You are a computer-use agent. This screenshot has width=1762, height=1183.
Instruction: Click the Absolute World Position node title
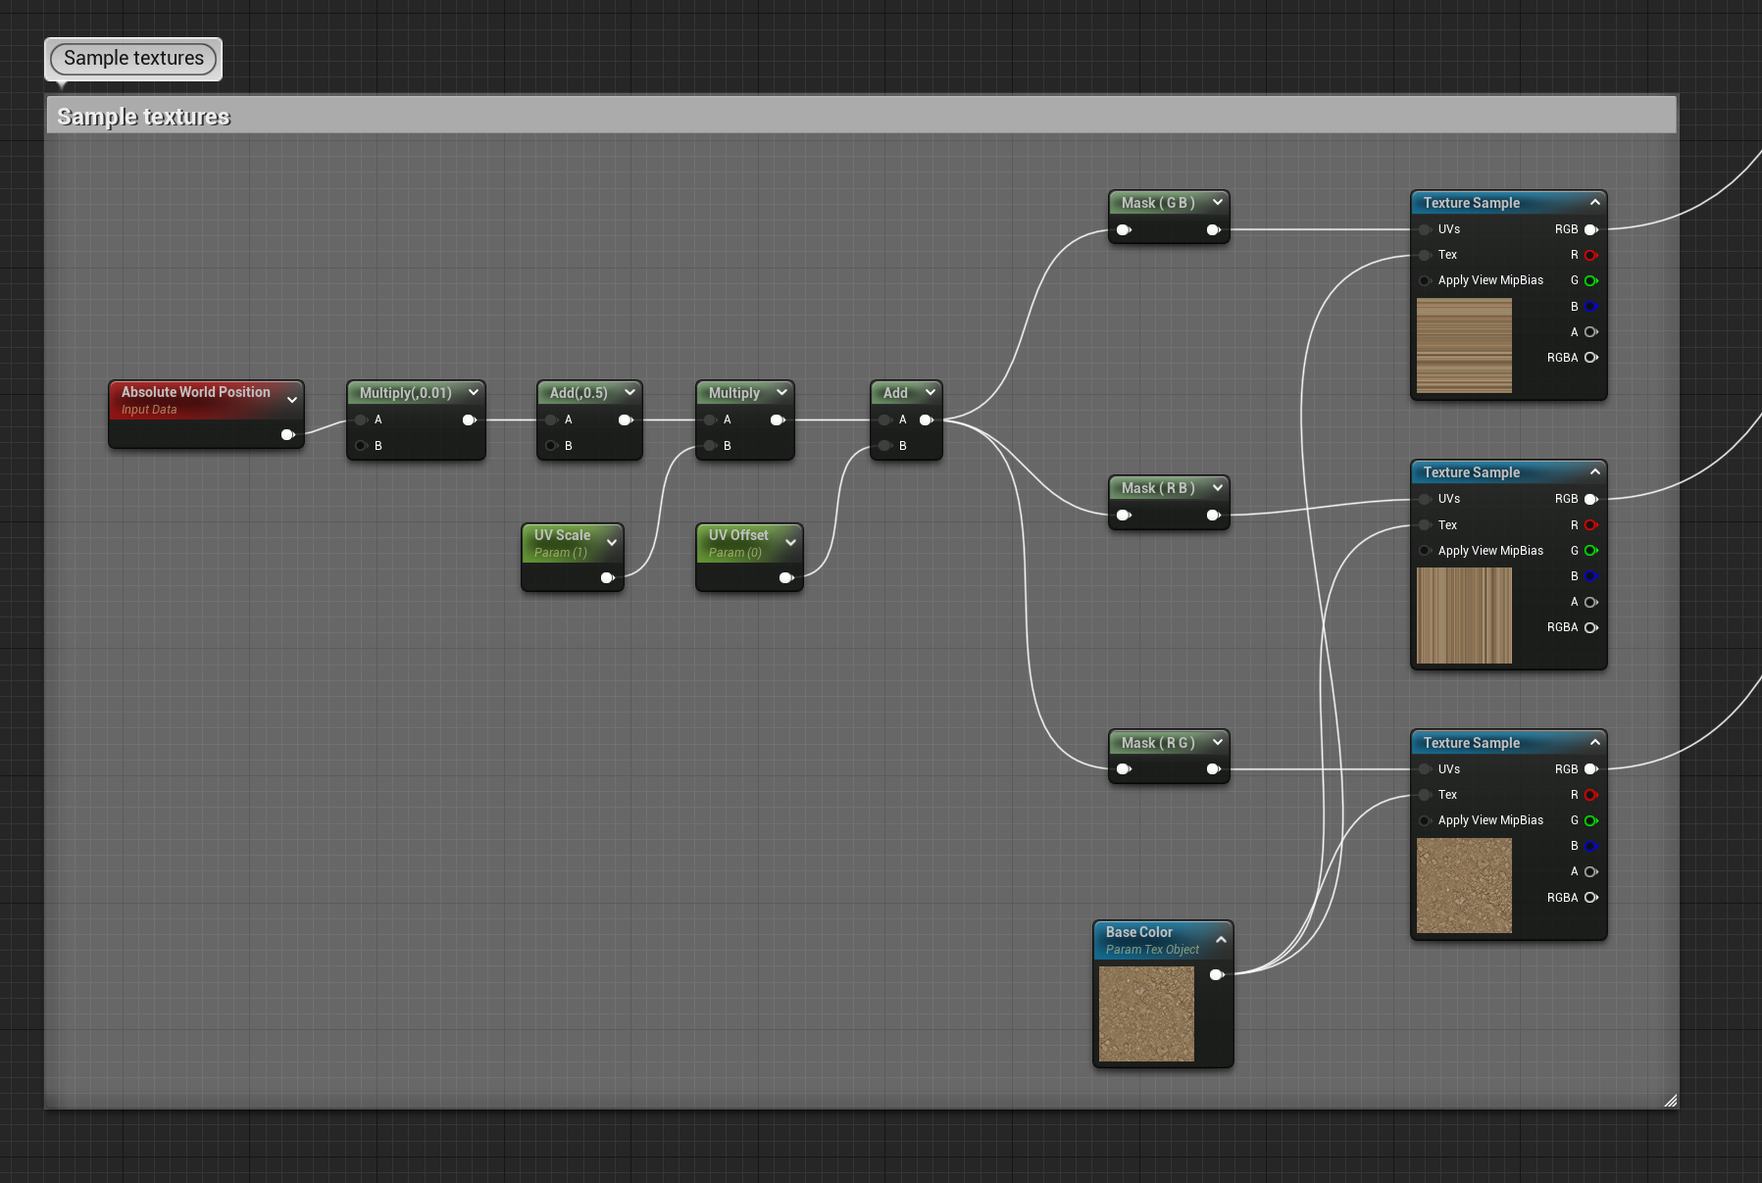click(x=195, y=392)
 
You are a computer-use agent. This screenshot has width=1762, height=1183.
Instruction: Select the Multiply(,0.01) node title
click(x=405, y=393)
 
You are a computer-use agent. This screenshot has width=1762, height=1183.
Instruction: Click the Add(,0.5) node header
click(x=579, y=393)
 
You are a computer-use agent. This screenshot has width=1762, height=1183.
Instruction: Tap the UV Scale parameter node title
click(x=562, y=535)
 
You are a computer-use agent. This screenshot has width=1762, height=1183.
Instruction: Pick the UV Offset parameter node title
click(x=738, y=535)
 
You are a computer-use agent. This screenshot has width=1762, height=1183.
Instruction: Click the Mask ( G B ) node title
click(x=1158, y=203)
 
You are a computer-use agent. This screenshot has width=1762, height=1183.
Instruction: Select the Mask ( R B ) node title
click(x=1158, y=488)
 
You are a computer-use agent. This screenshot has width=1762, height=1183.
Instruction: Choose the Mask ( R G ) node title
click(x=1158, y=743)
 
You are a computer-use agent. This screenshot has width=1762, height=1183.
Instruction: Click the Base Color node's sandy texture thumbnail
click(x=1146, y=1013)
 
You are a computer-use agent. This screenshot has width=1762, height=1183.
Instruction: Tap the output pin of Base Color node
click(x=1217, y=974)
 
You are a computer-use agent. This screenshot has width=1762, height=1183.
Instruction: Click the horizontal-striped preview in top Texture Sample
click(x=1464, y=346)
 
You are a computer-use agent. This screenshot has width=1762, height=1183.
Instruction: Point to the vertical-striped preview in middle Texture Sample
click(x=1464, y=616)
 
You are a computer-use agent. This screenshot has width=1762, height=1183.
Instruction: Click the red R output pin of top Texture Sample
click(x=1590, y=255)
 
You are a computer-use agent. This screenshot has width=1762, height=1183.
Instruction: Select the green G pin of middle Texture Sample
click(x=1590, y=551)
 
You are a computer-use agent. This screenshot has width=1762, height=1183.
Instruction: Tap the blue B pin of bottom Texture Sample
click(x=1590, y=846)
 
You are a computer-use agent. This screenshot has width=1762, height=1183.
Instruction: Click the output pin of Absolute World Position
click(x=287, y=434)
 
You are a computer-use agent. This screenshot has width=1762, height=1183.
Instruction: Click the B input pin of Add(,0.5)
click(x=552, y=446)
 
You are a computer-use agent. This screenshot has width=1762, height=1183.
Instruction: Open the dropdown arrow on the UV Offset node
click(x=790, y=542)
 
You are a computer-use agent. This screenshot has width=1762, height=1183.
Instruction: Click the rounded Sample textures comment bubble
click(x=133, y=59)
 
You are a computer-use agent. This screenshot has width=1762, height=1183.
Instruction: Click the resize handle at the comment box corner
click(x=1670, y=1101)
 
